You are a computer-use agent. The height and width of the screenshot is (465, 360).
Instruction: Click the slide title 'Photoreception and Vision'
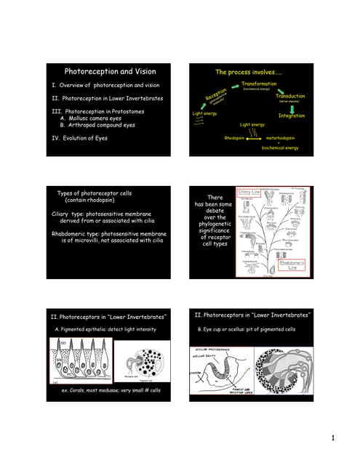click(x=110, y=72)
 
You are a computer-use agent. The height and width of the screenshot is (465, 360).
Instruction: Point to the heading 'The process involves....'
click(x=249, y=72)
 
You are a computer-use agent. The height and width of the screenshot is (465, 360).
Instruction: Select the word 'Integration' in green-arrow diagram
click(x=291, y=116)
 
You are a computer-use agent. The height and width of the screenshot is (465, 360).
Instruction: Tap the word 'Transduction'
click(x=289, y=96)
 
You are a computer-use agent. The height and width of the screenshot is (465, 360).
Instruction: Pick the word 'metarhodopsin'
click(x=282, y=137)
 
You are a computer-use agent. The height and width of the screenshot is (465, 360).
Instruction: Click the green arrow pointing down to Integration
click(x=292, y=107)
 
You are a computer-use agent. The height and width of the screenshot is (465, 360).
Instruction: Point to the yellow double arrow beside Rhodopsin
click(x=255, y=137)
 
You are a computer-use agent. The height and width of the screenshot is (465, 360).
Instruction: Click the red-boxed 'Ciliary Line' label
click(x=249, y=192)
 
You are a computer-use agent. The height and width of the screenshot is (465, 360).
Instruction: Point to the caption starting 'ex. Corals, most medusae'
click(x=110, y=391)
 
